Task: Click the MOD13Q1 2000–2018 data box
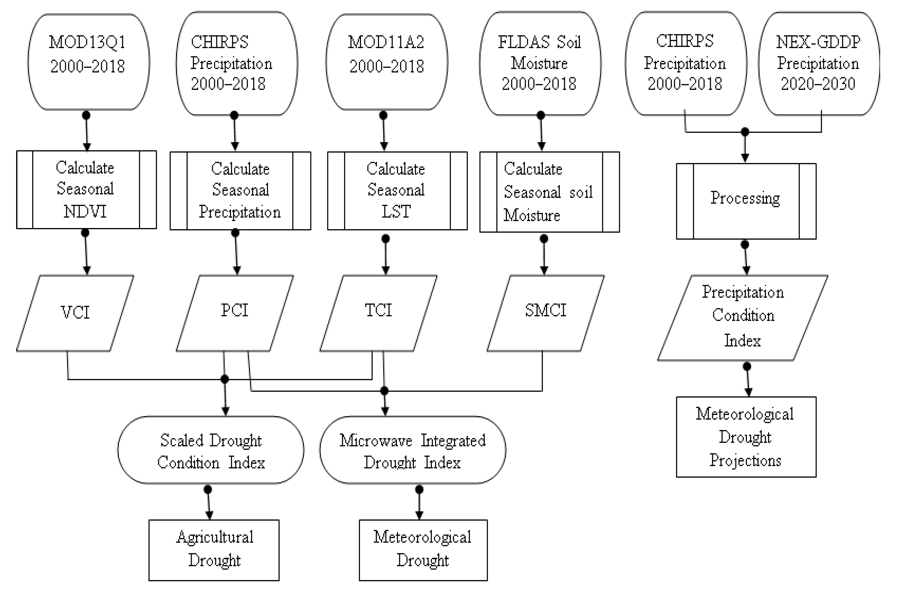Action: click(x=88, y=62)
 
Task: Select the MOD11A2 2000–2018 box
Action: click(x=387, y=62)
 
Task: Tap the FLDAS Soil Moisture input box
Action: click(x=540, y=63)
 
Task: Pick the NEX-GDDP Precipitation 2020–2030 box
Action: click(x=818, y=63)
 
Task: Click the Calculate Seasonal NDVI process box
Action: click(x=86, y=189)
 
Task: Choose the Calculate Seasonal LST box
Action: click(x=397, y=190)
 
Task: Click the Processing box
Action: click(x=746, y=201)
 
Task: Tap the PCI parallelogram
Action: click(x=234, y=313)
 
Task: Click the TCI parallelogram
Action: click(x=378, y=313)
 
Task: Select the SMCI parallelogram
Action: click(x=545, y=313)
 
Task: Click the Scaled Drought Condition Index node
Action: click(x=211, y=450)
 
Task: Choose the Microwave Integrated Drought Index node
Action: click(x=412, y=450)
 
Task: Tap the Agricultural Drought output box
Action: click(x=214, y=550)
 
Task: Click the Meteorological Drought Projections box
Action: click(x=746, y=437)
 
